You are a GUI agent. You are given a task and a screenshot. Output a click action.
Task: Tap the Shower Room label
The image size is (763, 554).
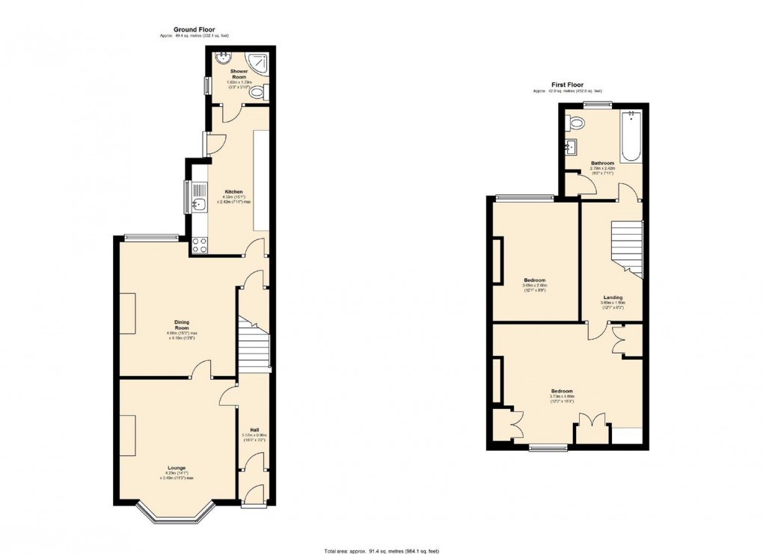click(x=239, y=74)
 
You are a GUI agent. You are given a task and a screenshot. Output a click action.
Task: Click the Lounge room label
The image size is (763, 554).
click(x=177, y=468)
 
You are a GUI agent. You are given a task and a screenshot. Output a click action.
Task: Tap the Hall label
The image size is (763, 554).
click(x=254, y=429)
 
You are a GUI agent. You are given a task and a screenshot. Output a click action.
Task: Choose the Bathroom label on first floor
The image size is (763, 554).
click(x=602, y=163)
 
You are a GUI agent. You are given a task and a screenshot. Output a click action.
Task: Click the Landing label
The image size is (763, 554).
click(x=613, y=298)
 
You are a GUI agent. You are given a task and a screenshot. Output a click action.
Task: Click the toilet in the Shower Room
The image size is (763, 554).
click(x=257, y=93)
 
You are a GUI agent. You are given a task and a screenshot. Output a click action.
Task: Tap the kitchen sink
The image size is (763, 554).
click(x=199, y=203)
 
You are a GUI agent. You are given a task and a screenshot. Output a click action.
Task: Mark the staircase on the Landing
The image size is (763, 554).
click(x=627, y=249)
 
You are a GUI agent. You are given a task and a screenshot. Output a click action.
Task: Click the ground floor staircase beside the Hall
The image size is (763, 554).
click(x=254, y=344)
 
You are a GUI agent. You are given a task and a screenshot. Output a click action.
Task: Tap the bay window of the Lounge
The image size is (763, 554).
click(x=177, y=516)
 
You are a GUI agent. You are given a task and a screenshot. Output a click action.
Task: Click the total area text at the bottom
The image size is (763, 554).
click(x=381, y=551)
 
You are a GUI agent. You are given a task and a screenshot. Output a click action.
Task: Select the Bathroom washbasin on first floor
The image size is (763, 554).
click(x=571, y=147)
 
